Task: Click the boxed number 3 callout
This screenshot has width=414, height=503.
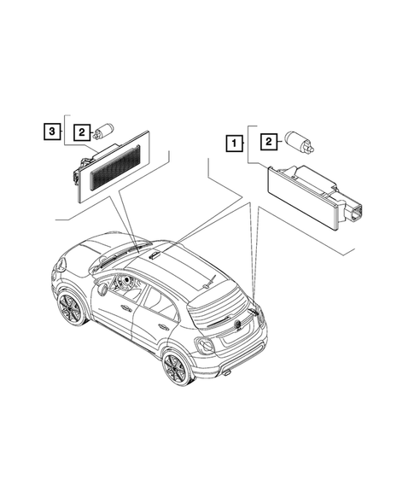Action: [x=53, y=132]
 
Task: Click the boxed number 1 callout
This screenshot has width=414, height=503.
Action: [x=233, y=144]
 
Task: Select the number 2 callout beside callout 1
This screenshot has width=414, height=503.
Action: [x=269, y=140]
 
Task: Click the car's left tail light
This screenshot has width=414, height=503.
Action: [x=206, y=345]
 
